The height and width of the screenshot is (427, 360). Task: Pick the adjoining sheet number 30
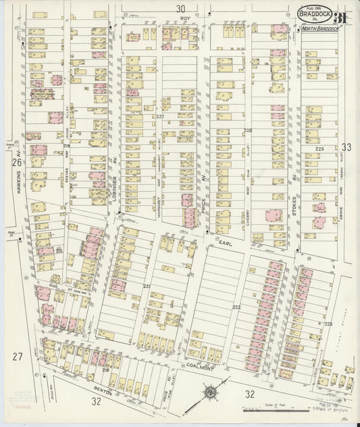(x=180, y=9)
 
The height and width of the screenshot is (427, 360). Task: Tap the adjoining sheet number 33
(x=346, y=147)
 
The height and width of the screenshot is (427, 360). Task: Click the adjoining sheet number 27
(x=17, y=356)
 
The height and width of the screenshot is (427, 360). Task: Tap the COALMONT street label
(x=202, y=367)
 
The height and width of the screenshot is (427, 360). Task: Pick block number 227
(x=160, y=117)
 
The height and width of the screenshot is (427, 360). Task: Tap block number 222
(x=236, y=307)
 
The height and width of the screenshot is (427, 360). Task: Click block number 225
(x=319, y=149)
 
